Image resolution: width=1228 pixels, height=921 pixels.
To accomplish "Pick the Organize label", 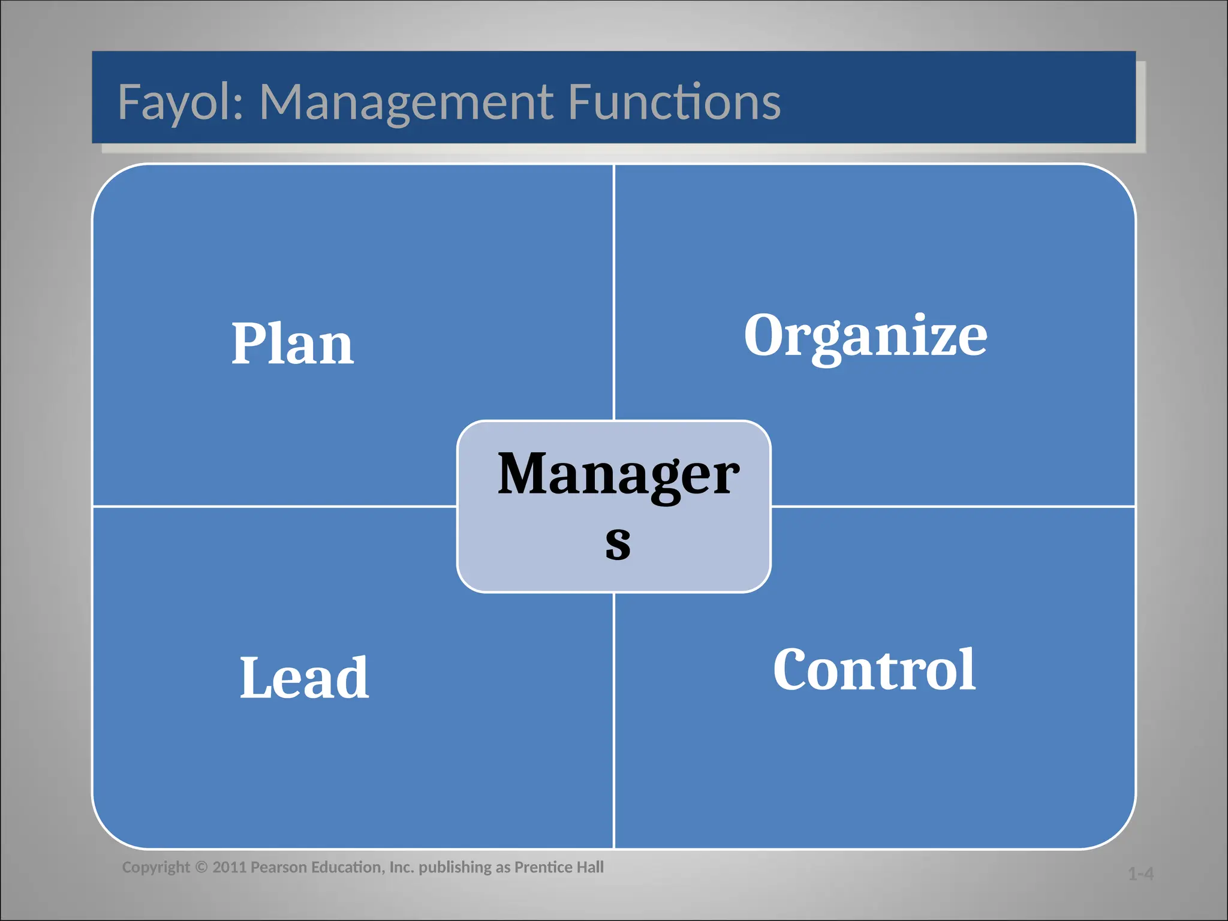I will (865, 336).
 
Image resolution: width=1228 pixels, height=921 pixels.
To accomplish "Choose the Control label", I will (874, 670).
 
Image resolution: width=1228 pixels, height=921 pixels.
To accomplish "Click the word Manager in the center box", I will (618, 474).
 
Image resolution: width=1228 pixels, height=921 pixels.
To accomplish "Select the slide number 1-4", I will (1140, 874).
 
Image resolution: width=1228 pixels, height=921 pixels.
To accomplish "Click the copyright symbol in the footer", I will (201, 868).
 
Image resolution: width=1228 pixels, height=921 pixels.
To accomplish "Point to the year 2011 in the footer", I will (230, 868).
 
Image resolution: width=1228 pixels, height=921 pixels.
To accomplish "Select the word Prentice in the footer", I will (543, 868).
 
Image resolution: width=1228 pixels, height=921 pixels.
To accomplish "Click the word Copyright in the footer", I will (156, 868).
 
